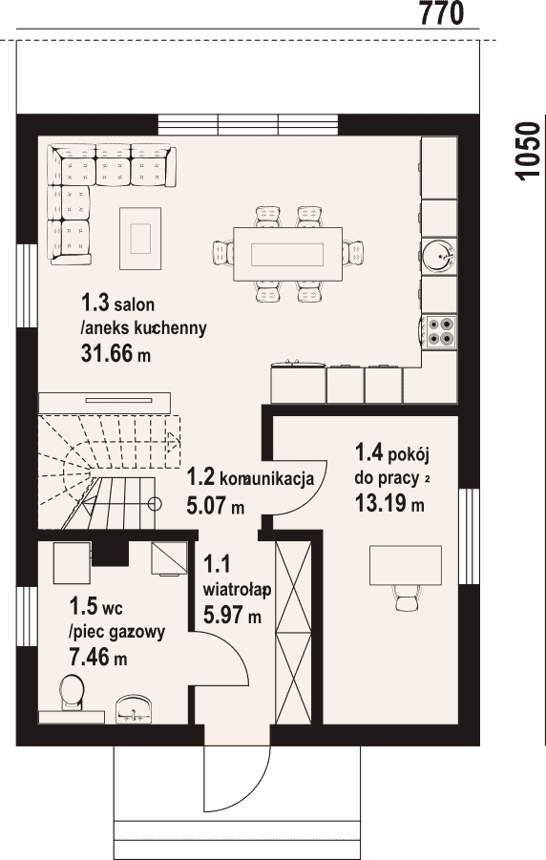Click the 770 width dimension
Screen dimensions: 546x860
pyautogui.click(x=442, y=12)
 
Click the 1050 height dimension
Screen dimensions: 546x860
pyautogui.click(x=528, y=150)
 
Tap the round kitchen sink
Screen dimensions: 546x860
pyautogui.click(x=439, y=256)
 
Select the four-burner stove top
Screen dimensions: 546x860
pyautogui.click(x=441, y=330)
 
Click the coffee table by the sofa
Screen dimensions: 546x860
pyautogui.click(x=140, y=238)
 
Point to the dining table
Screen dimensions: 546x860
pyautogui.click(x=288, y=254)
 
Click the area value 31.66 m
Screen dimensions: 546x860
pyautogui.click(x=115, y=354)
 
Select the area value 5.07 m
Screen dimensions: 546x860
pyautogui.click(x=215, y=505)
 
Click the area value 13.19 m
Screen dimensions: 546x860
pyautogui.click(x=389, y=503)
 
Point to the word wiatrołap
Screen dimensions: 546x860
pyautogui.click(x=238, y=590)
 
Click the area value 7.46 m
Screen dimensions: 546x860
pyautogui.click(x=98, y=656)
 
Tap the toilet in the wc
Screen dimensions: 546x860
pyautogui.click(x=72, y=693)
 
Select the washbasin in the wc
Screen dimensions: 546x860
pyautogui.click(x=132, y=708)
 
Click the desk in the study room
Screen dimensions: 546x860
pyautogui.click(x=406, y=565)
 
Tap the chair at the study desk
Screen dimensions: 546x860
pyautogui.click(x=407, y=598)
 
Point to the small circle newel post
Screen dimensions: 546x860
pyautogui.click(x=156, y=503)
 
